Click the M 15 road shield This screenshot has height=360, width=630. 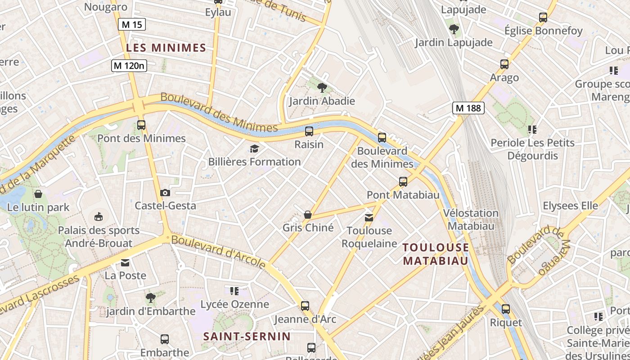[132, 24]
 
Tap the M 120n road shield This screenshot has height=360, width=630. [129, 66]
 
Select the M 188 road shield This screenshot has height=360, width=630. [468, 108]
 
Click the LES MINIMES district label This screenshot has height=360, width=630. [166, 48]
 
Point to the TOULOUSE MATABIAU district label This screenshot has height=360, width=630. [436, 254]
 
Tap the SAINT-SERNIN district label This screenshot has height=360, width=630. [247, 336]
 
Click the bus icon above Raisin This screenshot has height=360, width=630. [309, 131]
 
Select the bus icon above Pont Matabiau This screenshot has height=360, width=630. [403, 182]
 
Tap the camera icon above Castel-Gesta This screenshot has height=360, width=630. [165, 193]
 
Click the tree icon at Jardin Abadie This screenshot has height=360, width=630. [322, 87]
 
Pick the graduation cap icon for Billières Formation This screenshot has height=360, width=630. [255, 148]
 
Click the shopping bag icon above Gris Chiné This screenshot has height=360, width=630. [308, 215]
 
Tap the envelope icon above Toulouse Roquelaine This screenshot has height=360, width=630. [369, 218]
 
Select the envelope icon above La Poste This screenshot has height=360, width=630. [125, 262]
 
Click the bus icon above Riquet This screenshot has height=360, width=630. [506, 309]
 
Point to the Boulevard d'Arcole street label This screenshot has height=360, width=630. [218, 252]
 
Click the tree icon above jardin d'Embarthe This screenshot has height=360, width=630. [151, 297]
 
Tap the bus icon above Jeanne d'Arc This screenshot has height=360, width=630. [305, 306]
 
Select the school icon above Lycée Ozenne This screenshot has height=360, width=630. [234, 291]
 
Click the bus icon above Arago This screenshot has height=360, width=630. [504, 64]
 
